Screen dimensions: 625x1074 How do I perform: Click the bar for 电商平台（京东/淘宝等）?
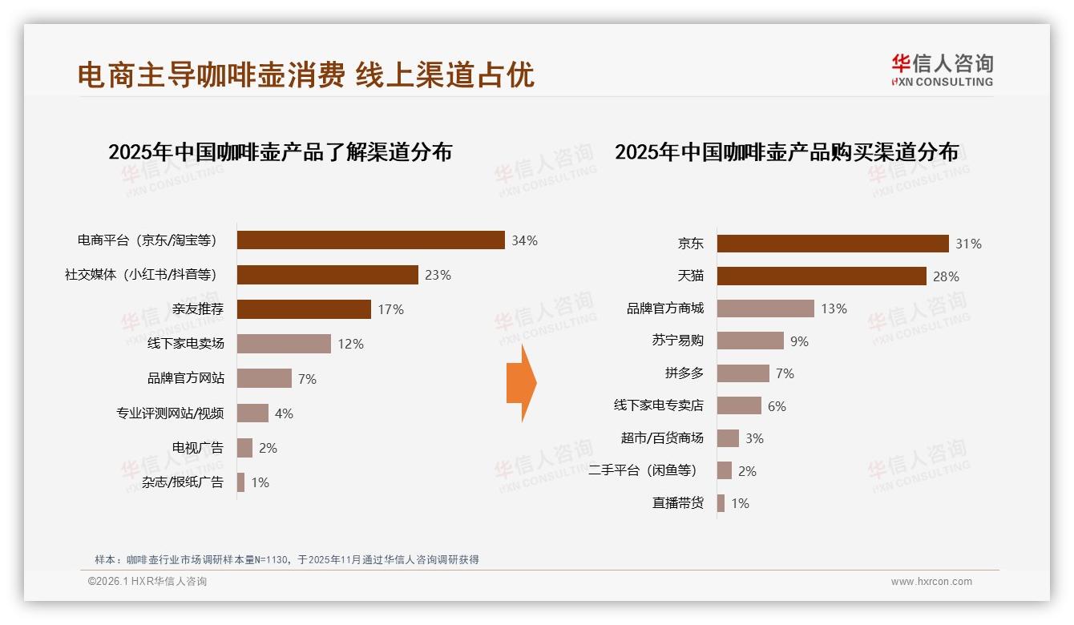click(x=370, y=240)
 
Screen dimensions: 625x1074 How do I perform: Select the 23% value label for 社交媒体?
click(x=438, y=275)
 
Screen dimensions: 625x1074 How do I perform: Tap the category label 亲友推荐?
click(x=198, y=309)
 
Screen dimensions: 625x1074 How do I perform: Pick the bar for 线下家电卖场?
click(x=284, y=344)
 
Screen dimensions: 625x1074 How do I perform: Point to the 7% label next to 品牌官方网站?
click(x=307, y=379)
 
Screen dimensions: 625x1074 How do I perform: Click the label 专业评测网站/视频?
click(x=170, y=413)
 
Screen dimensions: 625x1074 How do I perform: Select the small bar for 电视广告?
click(x=244, y=448)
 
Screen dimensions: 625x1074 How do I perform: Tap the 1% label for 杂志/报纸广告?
click(x=260, y=482)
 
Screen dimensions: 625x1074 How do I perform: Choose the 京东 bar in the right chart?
click(x=833, y=244)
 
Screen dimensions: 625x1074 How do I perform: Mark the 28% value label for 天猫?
click(x=946, y=276)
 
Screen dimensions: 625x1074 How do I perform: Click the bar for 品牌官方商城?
click(x=765, y=308)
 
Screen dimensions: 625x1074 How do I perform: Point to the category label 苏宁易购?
click(x=677, y=341)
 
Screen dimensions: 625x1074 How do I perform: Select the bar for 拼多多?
click(x=743, y=373)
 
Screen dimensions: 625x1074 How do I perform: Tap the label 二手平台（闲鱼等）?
click(x=642, y=470)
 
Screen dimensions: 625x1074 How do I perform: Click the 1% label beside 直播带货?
click(x=740, y=504)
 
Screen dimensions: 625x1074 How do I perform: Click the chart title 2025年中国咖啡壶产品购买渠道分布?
click(x=786, y=151)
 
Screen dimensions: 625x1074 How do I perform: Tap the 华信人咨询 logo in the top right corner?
click(x=942, y=70)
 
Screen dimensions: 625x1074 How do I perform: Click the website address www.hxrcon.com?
click(x=931, y=582)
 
